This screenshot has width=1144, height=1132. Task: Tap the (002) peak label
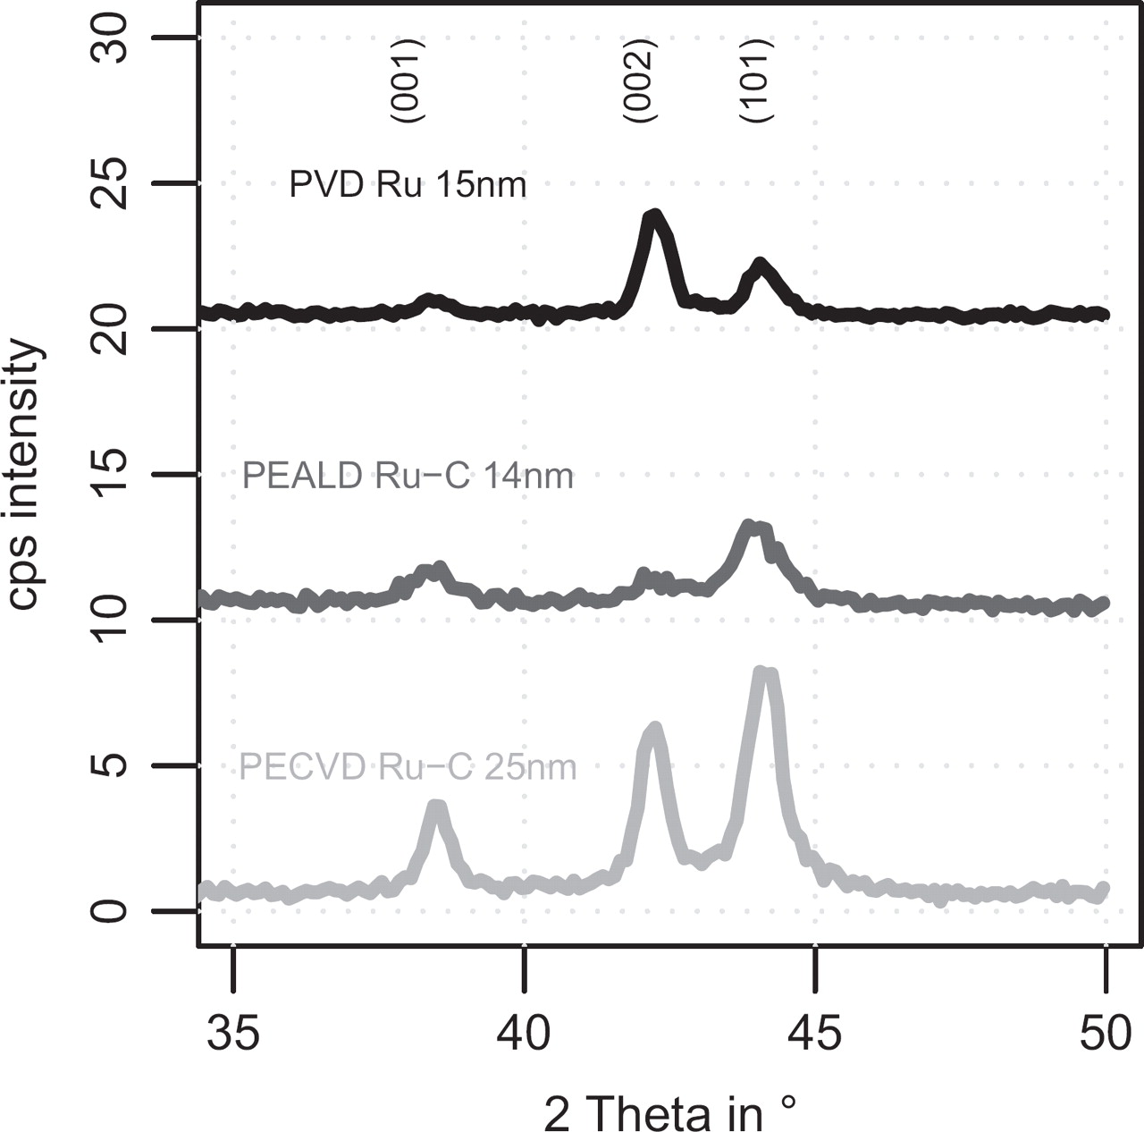[x=640, y=81]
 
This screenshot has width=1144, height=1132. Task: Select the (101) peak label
[x=756, y=81]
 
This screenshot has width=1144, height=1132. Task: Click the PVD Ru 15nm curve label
[x=408, y=185]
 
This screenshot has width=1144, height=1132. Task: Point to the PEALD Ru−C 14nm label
[x=408, y=476]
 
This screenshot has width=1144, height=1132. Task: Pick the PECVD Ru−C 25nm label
[x=408, y=767]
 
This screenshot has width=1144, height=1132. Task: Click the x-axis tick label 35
[x=233, y=1034]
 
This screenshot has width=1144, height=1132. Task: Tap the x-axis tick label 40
[x=525, y=1034]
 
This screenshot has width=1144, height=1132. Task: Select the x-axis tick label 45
[x=815, y=1034]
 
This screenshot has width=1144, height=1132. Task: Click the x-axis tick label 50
[x=1106, y=1034]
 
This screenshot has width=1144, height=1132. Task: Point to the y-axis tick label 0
[x=111, y=912]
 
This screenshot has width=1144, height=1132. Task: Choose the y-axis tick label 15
[x=111, y=475]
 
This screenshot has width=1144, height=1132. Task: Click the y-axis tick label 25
[x=111, y=184]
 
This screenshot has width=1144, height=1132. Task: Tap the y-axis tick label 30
[x=111, y=38]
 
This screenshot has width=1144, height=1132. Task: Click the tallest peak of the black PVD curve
[x=654, y=215]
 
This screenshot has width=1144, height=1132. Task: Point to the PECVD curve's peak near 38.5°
[x=436, y=807]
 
